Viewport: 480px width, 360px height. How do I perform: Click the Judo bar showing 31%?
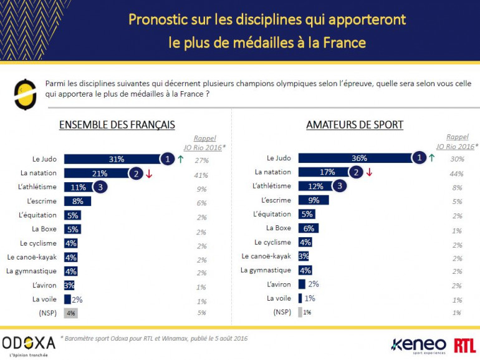pos(112,159)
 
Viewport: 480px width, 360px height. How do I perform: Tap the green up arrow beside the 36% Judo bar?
pos(431,158)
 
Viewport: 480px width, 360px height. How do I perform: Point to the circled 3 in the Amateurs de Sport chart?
pos(339,186)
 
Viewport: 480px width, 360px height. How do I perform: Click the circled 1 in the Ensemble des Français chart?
pos(167,159)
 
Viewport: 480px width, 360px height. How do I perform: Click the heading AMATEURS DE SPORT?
pos(355,125)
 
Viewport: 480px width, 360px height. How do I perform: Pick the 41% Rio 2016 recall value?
pos(201,175)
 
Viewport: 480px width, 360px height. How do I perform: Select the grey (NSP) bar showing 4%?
pos(71,312)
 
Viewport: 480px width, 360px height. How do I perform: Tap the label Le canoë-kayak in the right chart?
pos(266,256)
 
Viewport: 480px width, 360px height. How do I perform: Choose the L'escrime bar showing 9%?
pos(313,200)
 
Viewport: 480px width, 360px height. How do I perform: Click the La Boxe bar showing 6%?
pos(309,228)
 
